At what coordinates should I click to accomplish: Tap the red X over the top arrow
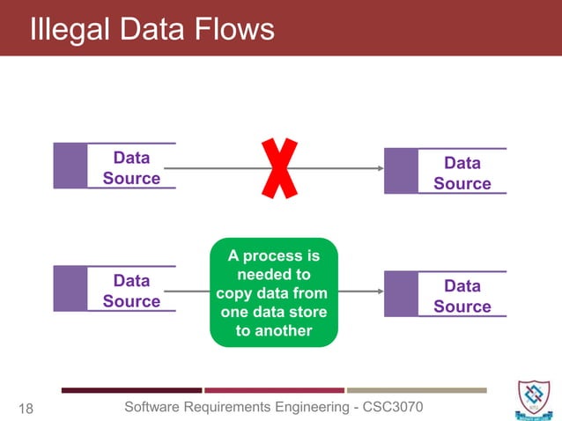tap(279, 168)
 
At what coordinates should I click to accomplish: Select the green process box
tap(273, 292)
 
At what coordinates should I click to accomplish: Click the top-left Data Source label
tap(131, 168)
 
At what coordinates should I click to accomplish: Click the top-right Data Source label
tap(462, 174)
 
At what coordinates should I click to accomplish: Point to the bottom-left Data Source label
tap(131, 291)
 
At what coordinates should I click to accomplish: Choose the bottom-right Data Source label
tap(462, 296)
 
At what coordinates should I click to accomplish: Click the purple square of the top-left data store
tap(70, 166)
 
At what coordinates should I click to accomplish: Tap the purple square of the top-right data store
tap(401, 171)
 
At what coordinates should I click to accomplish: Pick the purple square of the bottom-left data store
tap(70, 288)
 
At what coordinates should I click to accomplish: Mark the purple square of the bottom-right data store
tap(401, 293)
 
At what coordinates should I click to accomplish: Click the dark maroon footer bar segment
tap(131, 390)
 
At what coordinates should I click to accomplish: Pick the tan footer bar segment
tap(417, 390)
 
